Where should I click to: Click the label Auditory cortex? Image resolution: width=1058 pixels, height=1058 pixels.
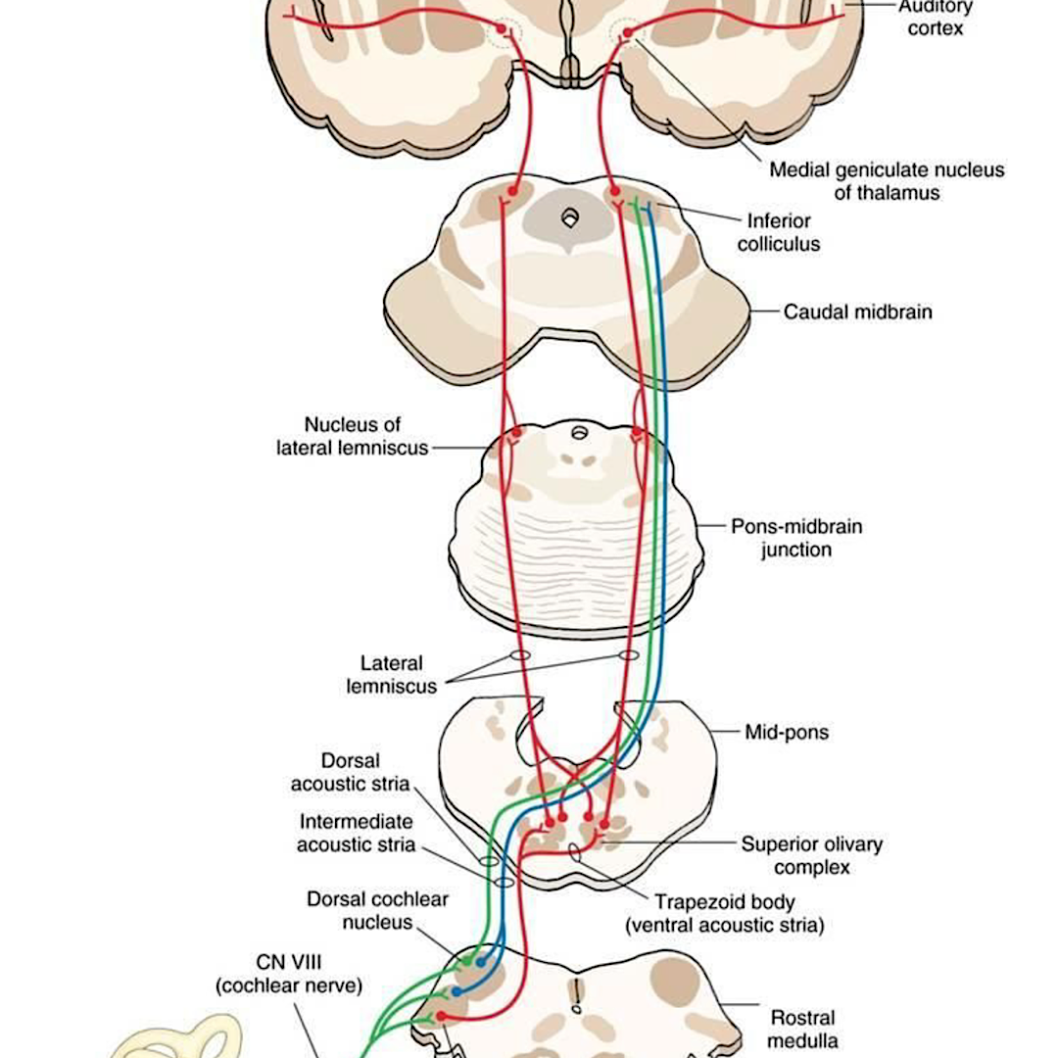tap(935, 18)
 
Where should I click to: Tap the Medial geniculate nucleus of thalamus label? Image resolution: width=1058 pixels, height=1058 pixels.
tap(886, 181)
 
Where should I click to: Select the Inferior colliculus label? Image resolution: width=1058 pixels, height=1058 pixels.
tap(779, 232)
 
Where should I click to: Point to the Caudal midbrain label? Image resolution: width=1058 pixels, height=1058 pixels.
tap(857, 313)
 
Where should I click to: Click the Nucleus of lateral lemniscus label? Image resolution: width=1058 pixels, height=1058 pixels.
tap(353, 436)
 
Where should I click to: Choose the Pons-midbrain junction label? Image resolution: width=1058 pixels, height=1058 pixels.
tap(796, 538)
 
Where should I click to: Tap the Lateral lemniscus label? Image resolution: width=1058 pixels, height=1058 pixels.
tap(391, 675)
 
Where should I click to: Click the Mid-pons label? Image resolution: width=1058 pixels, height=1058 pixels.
tap(786, 732)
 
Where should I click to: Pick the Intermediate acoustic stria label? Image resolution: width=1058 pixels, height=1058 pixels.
tap(356, 833)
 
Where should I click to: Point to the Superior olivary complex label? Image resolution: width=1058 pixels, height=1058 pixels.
tap(811, 855)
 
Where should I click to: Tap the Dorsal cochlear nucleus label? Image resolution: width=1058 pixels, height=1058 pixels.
tap(363, 910)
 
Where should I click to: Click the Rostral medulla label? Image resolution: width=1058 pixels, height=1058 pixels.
tap(802, 1029)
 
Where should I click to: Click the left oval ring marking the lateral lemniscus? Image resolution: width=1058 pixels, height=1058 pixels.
tap(519, 653)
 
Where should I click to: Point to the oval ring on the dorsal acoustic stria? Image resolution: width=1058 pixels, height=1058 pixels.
tap(489, 861)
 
